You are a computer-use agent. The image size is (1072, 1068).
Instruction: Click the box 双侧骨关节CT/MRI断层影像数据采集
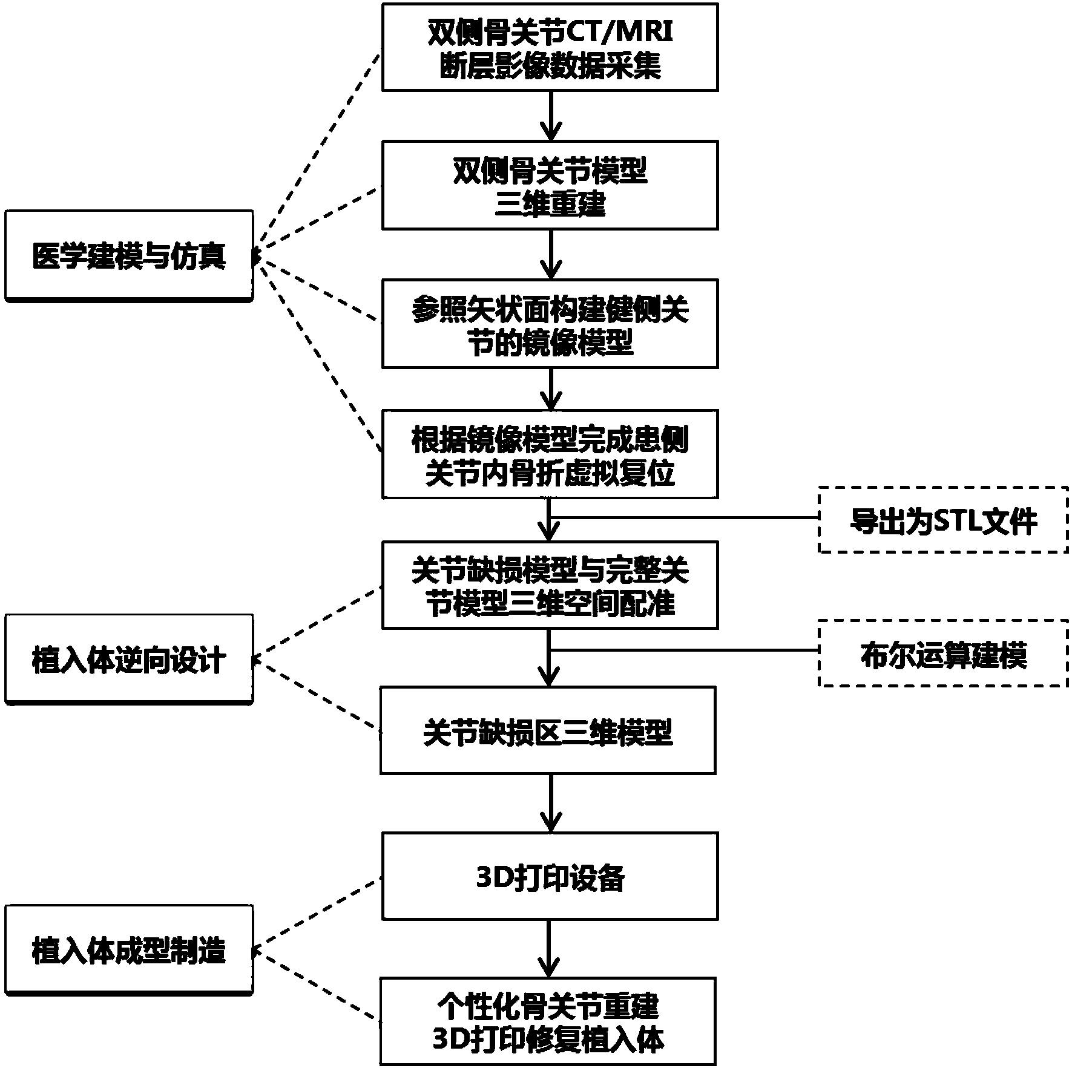[x=550, y=47]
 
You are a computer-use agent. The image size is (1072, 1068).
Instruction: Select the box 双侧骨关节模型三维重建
[x=550, y=185]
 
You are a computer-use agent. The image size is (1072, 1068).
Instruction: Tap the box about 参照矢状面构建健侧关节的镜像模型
[x=550, y=323]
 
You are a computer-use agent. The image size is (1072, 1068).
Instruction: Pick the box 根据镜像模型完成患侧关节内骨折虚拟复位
[x=550, y=454]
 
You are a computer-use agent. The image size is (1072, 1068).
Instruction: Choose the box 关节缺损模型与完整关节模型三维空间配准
[x=550, y=585]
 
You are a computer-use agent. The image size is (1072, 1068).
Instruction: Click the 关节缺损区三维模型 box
[x=548, y=730]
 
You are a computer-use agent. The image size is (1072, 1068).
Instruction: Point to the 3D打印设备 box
[x=550, y=876]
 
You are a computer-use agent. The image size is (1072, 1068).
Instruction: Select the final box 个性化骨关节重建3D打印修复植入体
[x=548, y=1021]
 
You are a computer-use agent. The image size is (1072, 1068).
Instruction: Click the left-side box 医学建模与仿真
[x=128, y=255]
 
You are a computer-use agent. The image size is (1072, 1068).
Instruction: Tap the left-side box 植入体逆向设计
[x=128, y=660]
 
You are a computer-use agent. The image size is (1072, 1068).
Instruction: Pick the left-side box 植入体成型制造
[x=128, y=950]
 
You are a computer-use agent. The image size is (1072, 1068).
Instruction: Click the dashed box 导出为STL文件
[x=943, y=519]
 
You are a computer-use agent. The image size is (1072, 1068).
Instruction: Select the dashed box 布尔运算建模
[x=943, y=653]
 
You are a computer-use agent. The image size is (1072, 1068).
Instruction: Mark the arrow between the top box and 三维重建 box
[x=550, y=116]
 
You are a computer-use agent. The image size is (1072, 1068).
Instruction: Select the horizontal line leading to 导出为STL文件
[x=684, y=517]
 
